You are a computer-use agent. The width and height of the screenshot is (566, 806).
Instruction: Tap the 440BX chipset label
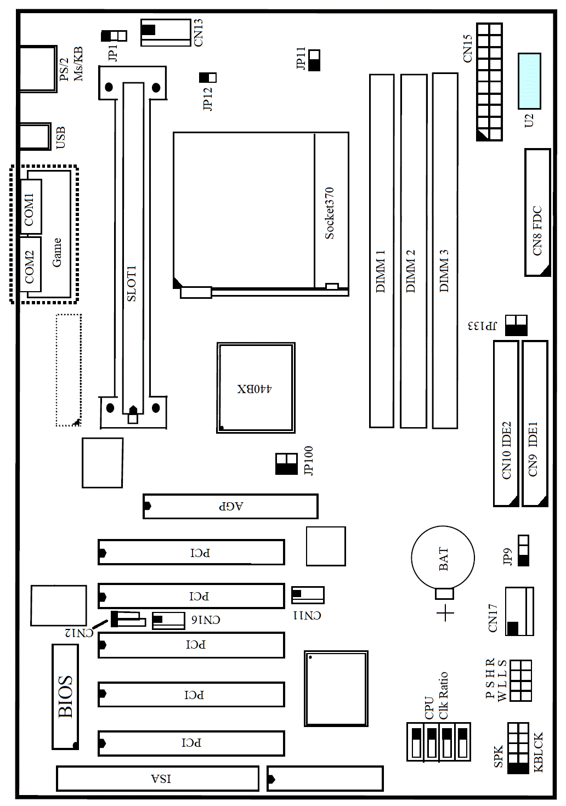254,389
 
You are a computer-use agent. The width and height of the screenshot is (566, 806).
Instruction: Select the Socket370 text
329,213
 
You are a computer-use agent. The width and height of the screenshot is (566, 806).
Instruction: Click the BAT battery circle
443,558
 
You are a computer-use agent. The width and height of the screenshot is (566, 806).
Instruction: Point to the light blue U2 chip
529,81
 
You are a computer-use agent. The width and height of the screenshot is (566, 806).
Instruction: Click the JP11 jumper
314,60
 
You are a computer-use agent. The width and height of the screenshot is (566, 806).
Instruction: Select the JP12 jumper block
208,77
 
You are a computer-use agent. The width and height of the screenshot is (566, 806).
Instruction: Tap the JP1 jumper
114,36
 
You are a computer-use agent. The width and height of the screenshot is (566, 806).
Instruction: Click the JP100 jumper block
286,464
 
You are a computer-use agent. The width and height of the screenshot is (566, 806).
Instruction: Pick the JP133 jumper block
516,325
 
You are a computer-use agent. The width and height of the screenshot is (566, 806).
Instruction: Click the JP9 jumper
524,550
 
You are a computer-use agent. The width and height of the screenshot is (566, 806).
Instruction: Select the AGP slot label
231,506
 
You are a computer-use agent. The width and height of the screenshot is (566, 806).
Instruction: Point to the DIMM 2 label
410,271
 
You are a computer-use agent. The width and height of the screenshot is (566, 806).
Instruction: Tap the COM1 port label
29,209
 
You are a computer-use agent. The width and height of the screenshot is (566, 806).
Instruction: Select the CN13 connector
166,32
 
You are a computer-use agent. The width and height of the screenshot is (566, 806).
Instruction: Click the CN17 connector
519,611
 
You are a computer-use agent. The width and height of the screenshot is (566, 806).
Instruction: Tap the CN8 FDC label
537,231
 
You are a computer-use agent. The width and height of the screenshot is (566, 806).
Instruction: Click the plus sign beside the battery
446,613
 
